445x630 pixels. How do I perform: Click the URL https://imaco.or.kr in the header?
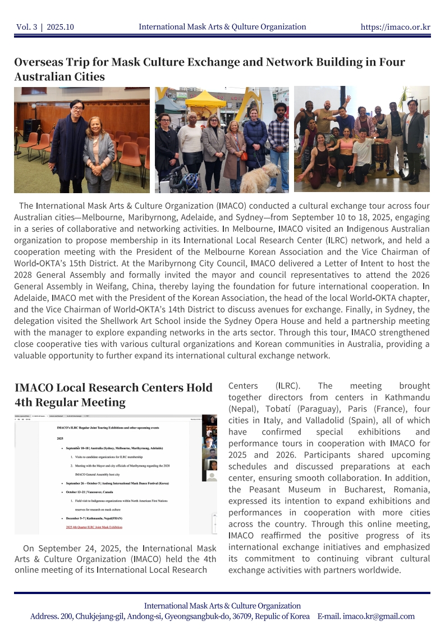tap(395, 27)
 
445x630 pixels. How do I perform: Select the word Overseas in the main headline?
tap(39, 62)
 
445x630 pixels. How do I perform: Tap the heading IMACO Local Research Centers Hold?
tap(113, 387)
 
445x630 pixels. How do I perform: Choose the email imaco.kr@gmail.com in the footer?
tap(379, 616)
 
